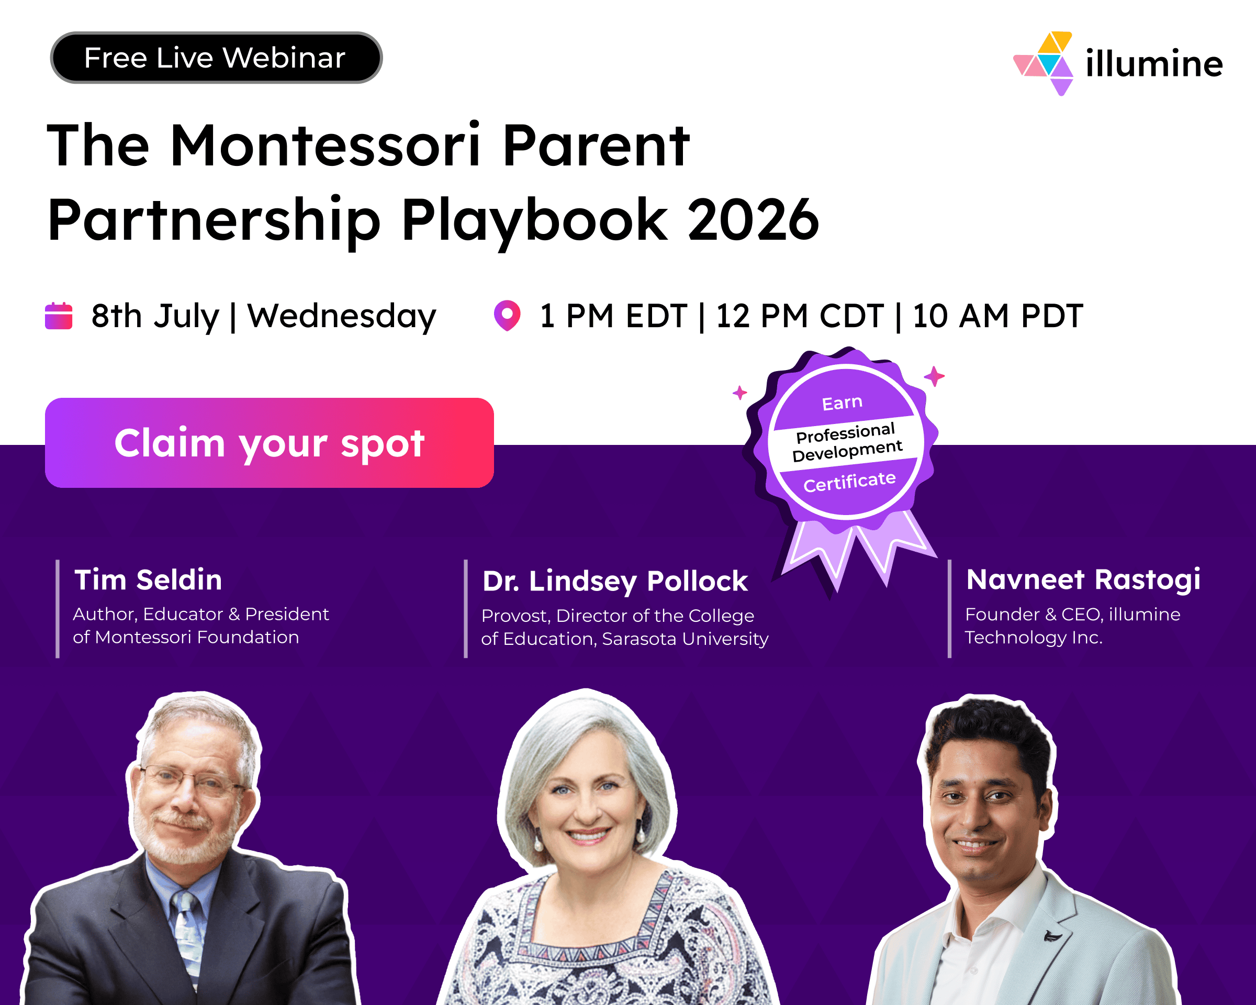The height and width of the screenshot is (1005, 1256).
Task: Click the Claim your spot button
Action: (x=269, y=443)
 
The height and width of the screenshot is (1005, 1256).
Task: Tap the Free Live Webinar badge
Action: (x=216, y=58)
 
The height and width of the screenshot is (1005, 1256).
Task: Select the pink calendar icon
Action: (x=59, y=316)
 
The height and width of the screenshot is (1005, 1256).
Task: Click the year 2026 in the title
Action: (x=753, y=220)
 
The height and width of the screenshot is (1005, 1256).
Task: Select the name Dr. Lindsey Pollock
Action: (x=615, y=582)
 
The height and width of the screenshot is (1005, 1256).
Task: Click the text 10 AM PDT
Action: (x=998, y=316)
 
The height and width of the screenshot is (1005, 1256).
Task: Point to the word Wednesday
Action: (x=342, y=317)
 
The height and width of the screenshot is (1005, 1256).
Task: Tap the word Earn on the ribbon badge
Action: (x=842, y=403)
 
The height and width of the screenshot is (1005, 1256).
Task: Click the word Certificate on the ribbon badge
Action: (x=849, y=482)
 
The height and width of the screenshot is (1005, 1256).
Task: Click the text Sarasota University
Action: (x=685, y=639)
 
